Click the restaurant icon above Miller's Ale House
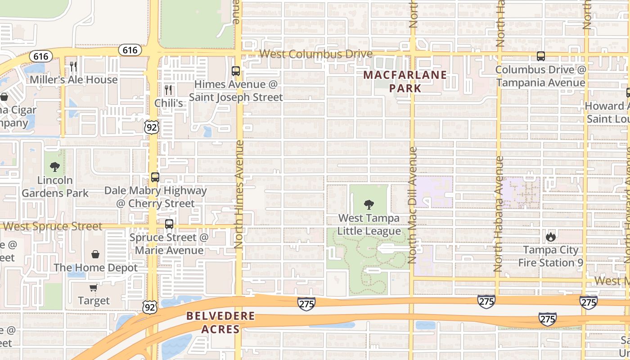point(73,67)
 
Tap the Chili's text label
point(169,103)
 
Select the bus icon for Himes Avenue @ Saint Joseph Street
point(235,71)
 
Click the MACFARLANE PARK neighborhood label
point(405,81)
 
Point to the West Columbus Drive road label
point(316,54)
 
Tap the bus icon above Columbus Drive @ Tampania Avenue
point(541,57)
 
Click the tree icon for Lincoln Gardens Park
point(55,167)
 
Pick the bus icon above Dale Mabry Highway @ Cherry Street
point(155,177)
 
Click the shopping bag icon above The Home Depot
point(95,255)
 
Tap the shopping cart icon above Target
point(93,288)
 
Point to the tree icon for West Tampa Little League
point(369,205)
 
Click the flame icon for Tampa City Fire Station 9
point(550,237)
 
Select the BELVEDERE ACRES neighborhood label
point(220,323)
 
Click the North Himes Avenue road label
point(238,194)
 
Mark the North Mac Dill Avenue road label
point(412,205)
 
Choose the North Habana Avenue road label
point(498,214)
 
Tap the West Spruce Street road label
point(53,226)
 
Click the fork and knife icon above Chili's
point(168,90)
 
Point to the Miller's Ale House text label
point(74,80)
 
